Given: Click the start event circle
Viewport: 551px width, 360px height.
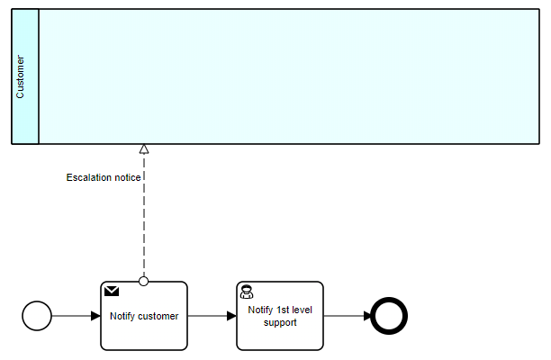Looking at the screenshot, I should [38, 316].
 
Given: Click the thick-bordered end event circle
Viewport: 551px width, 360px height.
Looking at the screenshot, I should [390, 316].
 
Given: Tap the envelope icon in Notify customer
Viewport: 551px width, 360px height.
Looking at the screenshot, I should [113, 291].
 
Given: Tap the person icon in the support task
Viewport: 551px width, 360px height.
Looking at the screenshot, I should [247, 292].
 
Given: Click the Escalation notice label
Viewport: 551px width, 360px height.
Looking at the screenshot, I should [103, 177].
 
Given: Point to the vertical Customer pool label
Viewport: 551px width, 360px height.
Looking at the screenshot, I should [22, 76].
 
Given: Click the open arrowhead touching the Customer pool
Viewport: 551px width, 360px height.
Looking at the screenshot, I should [144, 148].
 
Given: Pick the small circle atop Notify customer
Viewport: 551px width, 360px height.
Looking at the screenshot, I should [144, 281].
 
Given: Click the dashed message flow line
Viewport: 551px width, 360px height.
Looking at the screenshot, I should [144, 225].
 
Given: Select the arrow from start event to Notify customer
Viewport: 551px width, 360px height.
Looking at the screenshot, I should [77, 316].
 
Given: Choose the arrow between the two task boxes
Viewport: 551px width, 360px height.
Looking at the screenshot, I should [212, 316].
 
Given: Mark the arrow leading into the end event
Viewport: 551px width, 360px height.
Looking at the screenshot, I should [347, 316].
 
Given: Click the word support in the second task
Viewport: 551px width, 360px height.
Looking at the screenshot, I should [280, 322].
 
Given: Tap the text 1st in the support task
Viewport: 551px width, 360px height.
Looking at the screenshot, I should [286, 310].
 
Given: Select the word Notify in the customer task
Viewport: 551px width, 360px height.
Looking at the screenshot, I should [122, 316].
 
